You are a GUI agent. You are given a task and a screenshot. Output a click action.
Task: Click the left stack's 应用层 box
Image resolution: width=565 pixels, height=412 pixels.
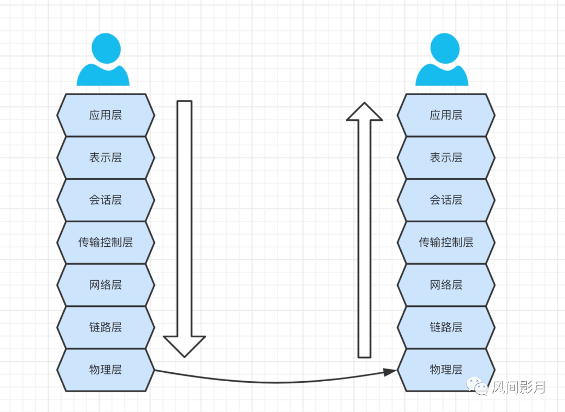[106, 115]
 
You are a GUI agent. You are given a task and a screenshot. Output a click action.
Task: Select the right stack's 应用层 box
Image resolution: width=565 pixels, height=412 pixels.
[446, 115]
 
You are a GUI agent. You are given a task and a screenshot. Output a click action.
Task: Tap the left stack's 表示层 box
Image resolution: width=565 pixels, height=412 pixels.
[106, 157]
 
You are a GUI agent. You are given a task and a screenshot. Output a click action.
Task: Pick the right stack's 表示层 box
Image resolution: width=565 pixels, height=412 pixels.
[446, 157]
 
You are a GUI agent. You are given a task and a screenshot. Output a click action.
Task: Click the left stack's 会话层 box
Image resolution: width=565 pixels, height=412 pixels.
[106, 200]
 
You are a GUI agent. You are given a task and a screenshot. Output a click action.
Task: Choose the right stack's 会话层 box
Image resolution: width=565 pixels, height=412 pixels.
[446, 200]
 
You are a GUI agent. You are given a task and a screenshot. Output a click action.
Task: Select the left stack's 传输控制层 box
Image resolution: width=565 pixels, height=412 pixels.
[106, 242]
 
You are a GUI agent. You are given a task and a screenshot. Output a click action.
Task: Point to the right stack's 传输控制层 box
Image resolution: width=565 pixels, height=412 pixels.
[446, 242]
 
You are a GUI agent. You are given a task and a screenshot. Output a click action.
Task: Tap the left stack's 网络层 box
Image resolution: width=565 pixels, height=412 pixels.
[106, 285]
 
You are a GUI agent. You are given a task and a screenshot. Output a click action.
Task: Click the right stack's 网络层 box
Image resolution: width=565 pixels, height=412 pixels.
[446, 285]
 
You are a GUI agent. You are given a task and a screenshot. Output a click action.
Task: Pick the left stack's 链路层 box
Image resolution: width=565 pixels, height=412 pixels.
[106, 327]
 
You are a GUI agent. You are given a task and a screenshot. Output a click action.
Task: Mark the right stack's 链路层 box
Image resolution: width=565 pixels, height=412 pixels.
[446, 327]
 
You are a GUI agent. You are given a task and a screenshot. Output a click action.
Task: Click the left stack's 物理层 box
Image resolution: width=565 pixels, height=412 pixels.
[106, 370]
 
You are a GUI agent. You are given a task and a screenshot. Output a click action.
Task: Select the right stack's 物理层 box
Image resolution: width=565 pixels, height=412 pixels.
[446, 370]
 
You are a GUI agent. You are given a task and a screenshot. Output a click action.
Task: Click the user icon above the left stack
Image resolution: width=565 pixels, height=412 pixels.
[103, 60]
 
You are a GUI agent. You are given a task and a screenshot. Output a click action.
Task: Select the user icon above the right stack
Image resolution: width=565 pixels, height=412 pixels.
[442, 60]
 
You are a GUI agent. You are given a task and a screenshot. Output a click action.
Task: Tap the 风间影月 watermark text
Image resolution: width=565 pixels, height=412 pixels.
[518, 387]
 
